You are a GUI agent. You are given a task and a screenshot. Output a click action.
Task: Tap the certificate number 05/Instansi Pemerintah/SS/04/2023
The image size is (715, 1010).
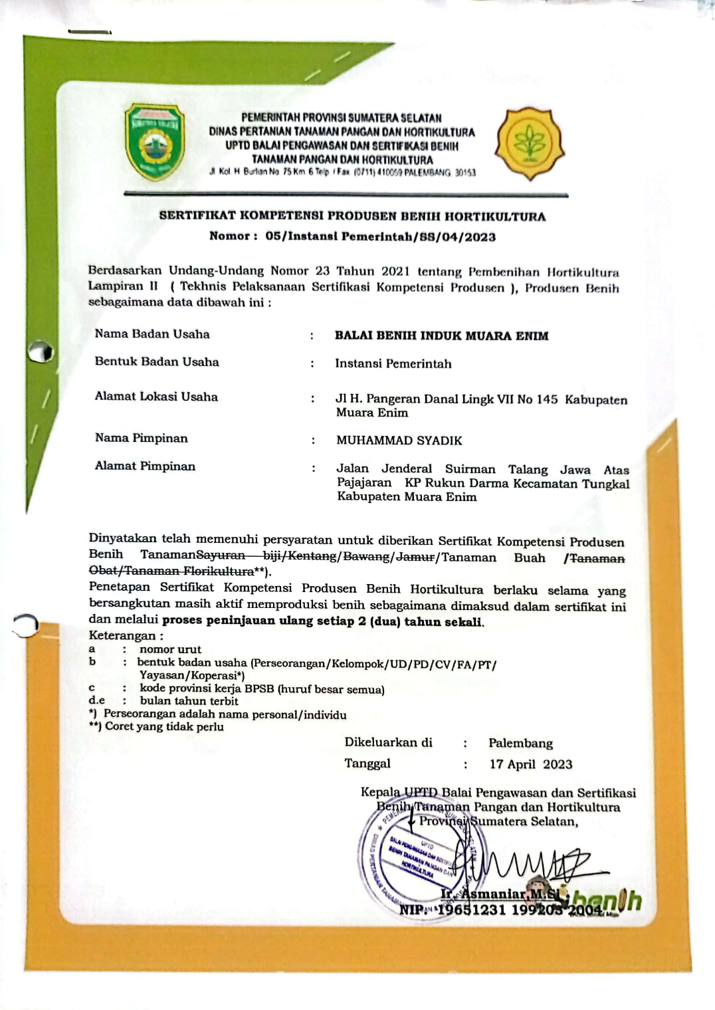pos(380,237)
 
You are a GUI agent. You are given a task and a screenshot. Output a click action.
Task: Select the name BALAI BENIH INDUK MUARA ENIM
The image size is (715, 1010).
pos(441,336)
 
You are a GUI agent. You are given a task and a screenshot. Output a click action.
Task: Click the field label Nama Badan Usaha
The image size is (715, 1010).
pos(152,334)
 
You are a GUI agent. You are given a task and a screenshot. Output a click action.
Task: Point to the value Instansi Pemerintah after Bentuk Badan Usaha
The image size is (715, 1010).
pos(393,363)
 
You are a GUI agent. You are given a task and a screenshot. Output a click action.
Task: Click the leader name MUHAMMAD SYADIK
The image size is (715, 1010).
pos(399,441)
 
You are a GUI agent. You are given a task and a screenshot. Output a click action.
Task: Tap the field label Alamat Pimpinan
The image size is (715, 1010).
pos(145,466)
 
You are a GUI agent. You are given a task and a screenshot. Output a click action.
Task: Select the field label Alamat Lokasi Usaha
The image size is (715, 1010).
pos(156,397)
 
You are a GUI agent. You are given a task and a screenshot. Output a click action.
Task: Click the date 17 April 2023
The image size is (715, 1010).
pos(530,764)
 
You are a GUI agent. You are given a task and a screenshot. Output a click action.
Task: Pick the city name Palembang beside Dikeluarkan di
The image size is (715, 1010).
pos(520,743)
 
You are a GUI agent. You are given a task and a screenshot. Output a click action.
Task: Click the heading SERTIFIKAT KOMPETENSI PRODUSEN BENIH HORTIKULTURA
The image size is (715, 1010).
pos(352,216)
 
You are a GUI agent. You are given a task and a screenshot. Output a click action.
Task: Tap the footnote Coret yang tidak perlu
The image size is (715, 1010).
pos(164,726)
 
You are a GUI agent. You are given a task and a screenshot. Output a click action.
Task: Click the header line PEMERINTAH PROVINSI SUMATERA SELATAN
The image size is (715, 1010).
pos(342,118)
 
